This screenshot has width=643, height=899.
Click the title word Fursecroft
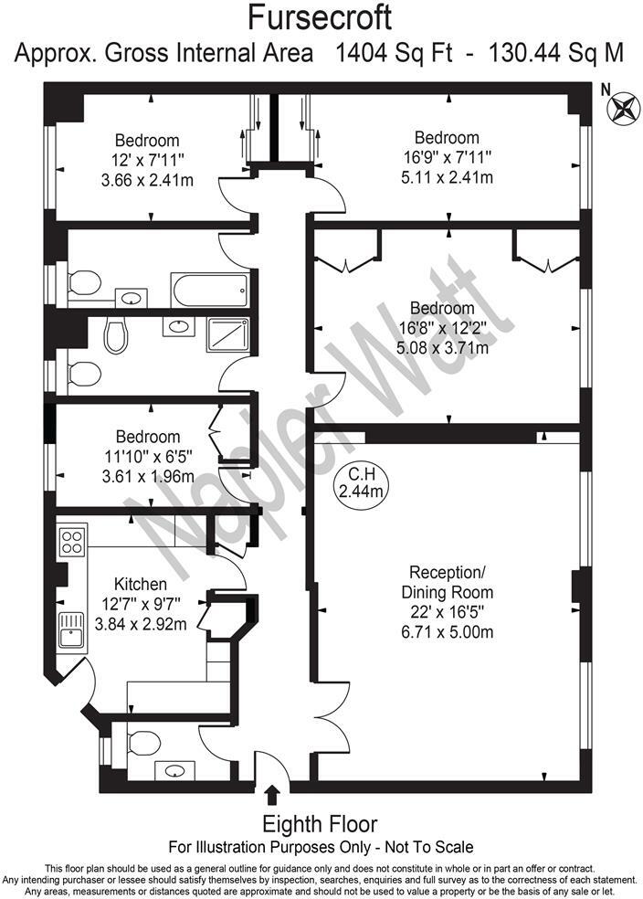pyautogui.click(x=321, y=17)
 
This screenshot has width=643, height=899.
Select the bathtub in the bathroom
pyautogui.click(x=209, y=291)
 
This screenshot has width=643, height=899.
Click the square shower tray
pyautogui.click(x=228, y=334)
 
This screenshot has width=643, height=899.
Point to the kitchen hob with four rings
pyautogui.click(x=72, y=541)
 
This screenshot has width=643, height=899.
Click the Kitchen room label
pyautogui.click(x=140, y=584)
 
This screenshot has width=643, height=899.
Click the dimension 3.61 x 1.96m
pyautogui.click(x=147, y=476)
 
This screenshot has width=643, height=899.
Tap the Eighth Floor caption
pyautogui.click(x=320, y=822)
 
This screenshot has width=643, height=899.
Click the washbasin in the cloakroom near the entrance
pyautogui.click(x=173, y=770)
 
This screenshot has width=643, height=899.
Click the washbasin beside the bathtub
pyautogui.click(x=133, y=297)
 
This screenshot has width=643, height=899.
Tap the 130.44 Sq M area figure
pyautogui.click(x=558, y=53)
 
